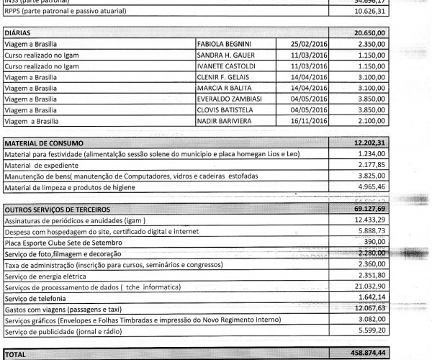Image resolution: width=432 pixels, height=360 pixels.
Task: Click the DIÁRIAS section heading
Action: [19, 33]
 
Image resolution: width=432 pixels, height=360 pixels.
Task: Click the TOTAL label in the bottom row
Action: [17, 354]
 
